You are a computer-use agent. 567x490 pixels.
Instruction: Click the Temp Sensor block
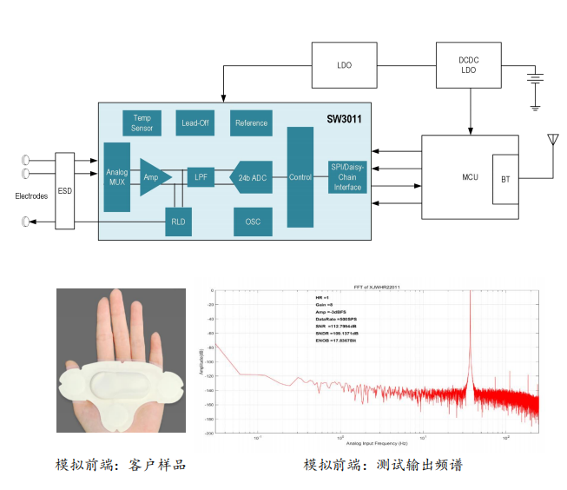(142, 122)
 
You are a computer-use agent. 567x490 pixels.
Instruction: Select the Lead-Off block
(195, 122)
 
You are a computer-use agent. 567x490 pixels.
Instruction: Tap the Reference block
(251, 122)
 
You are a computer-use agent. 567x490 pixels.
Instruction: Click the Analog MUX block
(116, 177)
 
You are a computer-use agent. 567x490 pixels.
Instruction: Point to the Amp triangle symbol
(154, 177)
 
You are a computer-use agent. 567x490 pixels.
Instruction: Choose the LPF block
(201, 177)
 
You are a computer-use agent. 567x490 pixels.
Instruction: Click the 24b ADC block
(252, 177)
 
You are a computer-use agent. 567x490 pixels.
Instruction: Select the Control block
(300, 177)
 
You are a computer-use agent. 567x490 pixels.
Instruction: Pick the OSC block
(252, 222)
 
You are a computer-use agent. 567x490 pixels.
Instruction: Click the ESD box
(64, 190)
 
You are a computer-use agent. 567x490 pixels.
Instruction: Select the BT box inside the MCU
(505, 180)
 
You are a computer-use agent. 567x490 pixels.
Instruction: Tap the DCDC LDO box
(470, 65)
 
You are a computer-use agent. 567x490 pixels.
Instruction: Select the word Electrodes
(31, 196)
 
